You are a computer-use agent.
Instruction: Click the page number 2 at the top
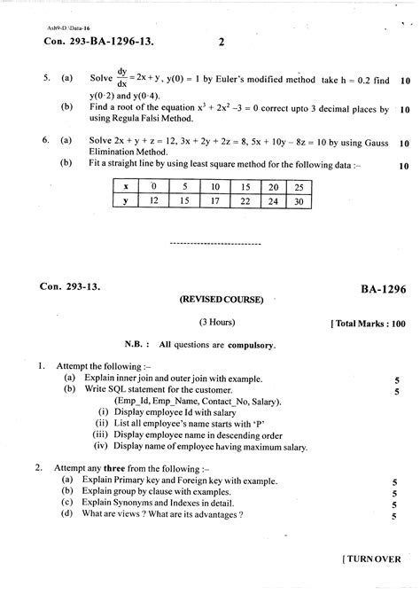tap(222, 42)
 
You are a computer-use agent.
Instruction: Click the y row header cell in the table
tap(126, 202)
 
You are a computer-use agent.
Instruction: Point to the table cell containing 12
tap(155, 202)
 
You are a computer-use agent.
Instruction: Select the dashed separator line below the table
tap(214, 242)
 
